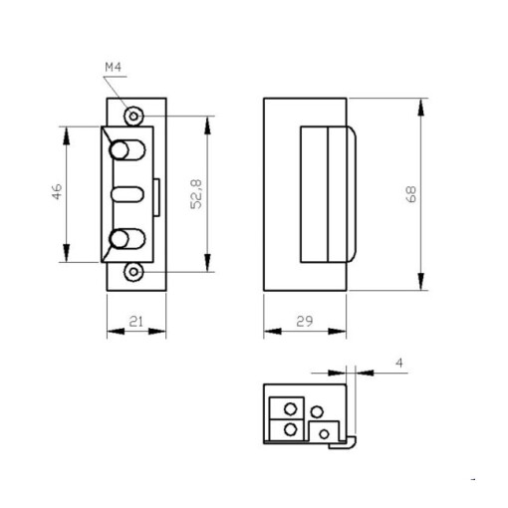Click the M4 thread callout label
pyautogui.click(x=114, y=68)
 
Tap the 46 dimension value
pyautogui.click(x=57, y=191)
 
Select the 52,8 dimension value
pyautogui.click(x=196, y=194)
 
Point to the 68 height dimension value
pyautogui.click(x=411, y=194)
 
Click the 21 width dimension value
pyautogui.click(x=136, y=322)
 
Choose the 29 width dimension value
pyautogui.click(x=305, y=322)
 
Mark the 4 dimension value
pyautogui.click(x=400, y=363)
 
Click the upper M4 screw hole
pyautogui.click(x=133, y=117)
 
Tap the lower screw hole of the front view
pyautogui.click(x=133, y=272)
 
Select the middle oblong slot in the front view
pyautogui.click(x=127, y=194)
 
